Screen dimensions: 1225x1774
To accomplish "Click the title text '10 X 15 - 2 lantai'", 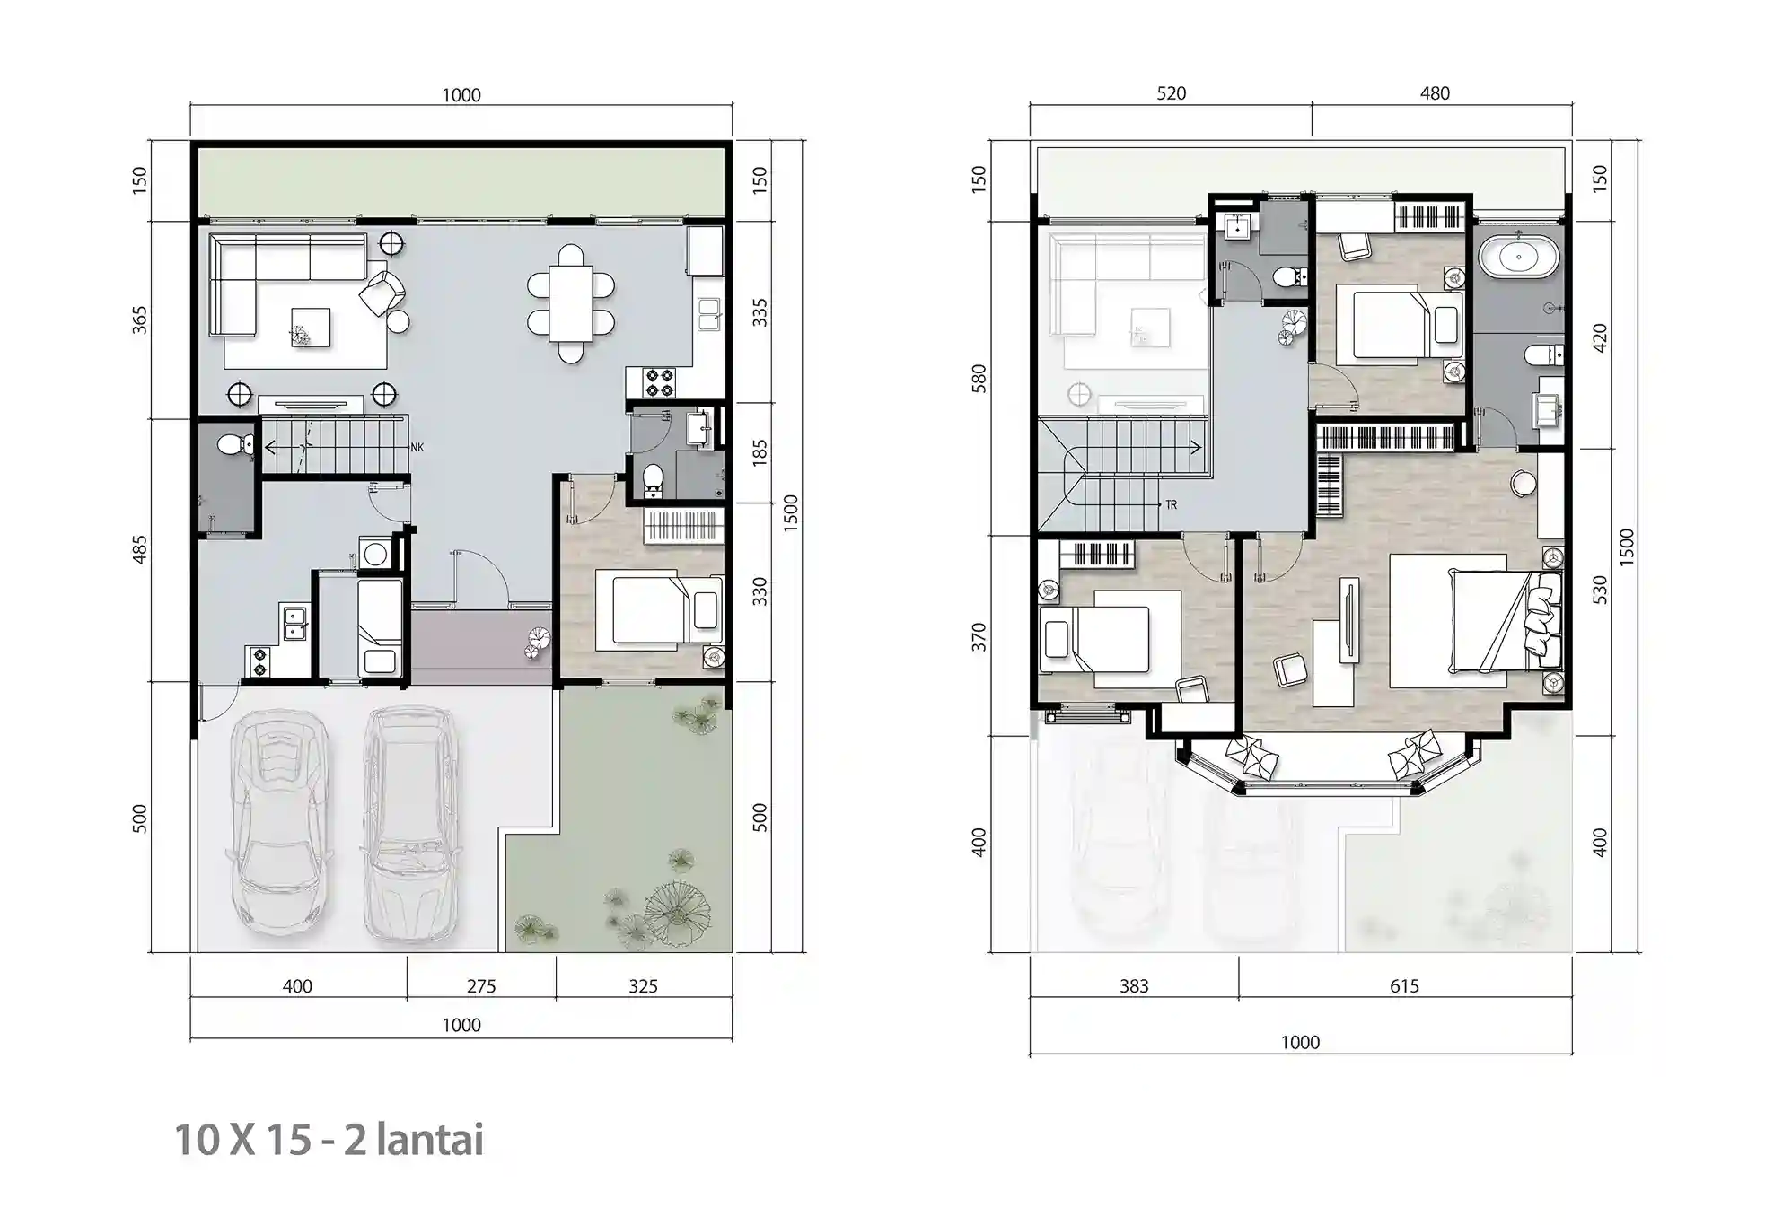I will click(329, 1140).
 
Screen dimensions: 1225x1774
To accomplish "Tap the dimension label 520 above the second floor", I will click(1171, 93).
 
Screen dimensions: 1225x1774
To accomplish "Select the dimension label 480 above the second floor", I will click(1435, 93).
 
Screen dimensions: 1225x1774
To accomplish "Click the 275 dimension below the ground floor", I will click(481, 986).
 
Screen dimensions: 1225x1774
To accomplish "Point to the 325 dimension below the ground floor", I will click(643, 986).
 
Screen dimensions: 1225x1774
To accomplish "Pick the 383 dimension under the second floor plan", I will click(1134, 986).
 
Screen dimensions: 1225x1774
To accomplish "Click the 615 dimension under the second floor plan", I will click(1404, 986).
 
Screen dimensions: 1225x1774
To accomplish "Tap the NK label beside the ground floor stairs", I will click(417, 447).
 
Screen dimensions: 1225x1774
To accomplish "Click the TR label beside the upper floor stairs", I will click(1172, 505).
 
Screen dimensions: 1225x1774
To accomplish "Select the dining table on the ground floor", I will click(571, 303).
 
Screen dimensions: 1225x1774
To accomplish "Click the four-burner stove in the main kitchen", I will click(660, 383).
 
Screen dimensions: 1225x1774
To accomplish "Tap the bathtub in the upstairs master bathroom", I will click(1518, 257).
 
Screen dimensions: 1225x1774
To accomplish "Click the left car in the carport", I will click(278, 821).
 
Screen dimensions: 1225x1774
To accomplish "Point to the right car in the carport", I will click(411, 821).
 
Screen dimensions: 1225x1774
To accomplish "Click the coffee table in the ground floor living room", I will click(310, 328).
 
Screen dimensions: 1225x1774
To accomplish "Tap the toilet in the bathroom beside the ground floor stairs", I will click(235, 443).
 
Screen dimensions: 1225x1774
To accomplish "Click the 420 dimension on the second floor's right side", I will click(1599, 337).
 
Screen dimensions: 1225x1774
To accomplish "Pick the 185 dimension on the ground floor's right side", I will click(760, 451).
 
